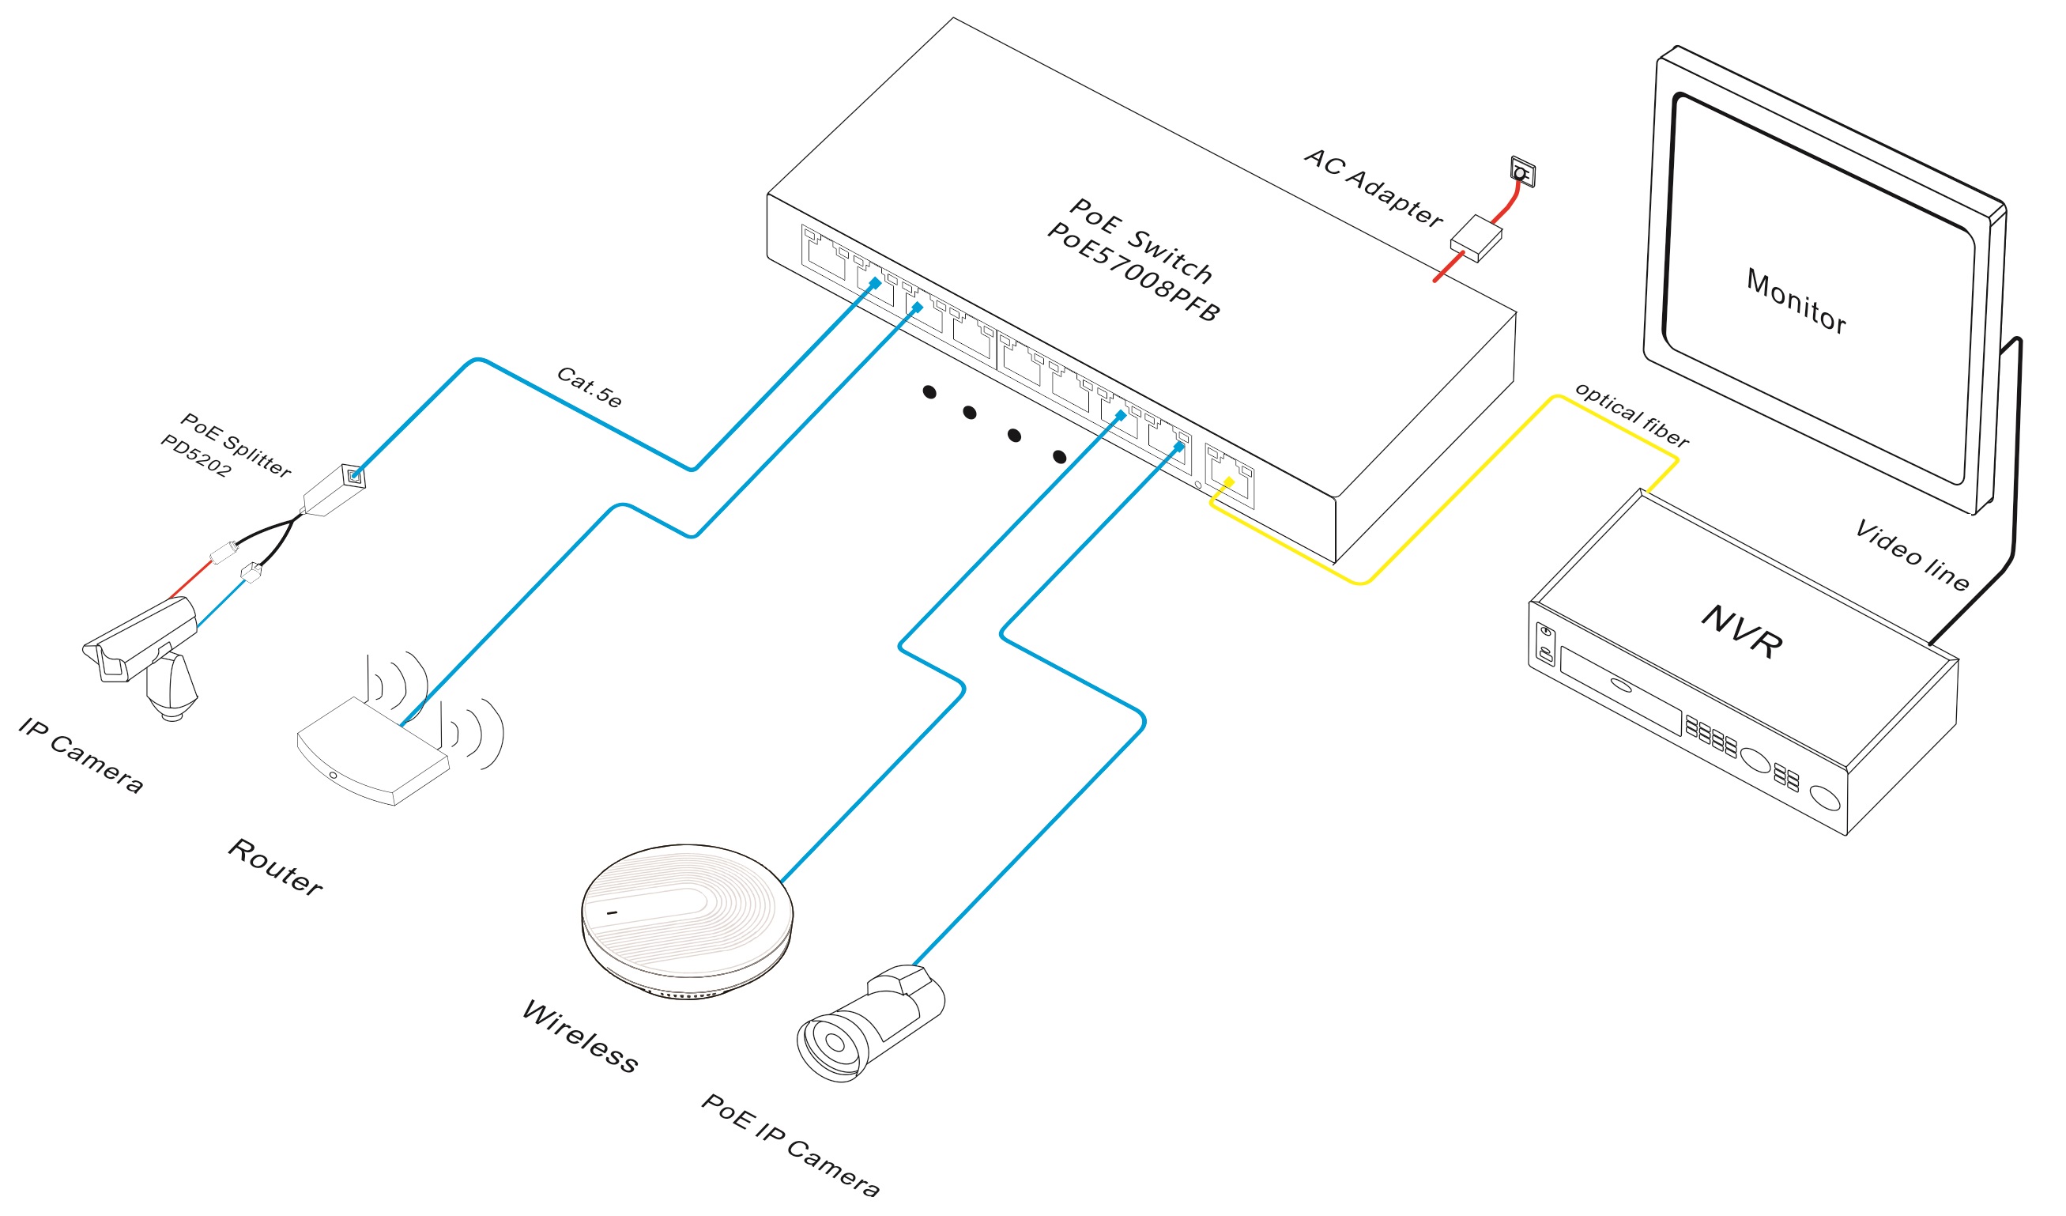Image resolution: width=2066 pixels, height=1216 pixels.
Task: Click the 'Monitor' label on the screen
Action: tap(1796, 302)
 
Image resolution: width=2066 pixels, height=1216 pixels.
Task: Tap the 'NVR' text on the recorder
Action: tap(1741, 632)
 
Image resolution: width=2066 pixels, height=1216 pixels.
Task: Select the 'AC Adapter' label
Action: tap(1372, 189)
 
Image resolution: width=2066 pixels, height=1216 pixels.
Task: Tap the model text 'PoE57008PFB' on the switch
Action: tap(1133, 272)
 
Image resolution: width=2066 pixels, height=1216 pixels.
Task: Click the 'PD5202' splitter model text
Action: tap(195, 456)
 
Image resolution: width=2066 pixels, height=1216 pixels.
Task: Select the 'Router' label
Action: tap(274, 868)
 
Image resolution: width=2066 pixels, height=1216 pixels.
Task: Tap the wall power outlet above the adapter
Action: tap(1521, 172)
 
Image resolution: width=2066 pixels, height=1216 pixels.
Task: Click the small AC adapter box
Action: tap(1476, 239)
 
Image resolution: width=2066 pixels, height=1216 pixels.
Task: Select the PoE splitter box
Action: tap(334, 490)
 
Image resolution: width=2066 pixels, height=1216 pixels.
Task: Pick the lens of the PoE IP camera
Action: tap(834, 1044)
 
